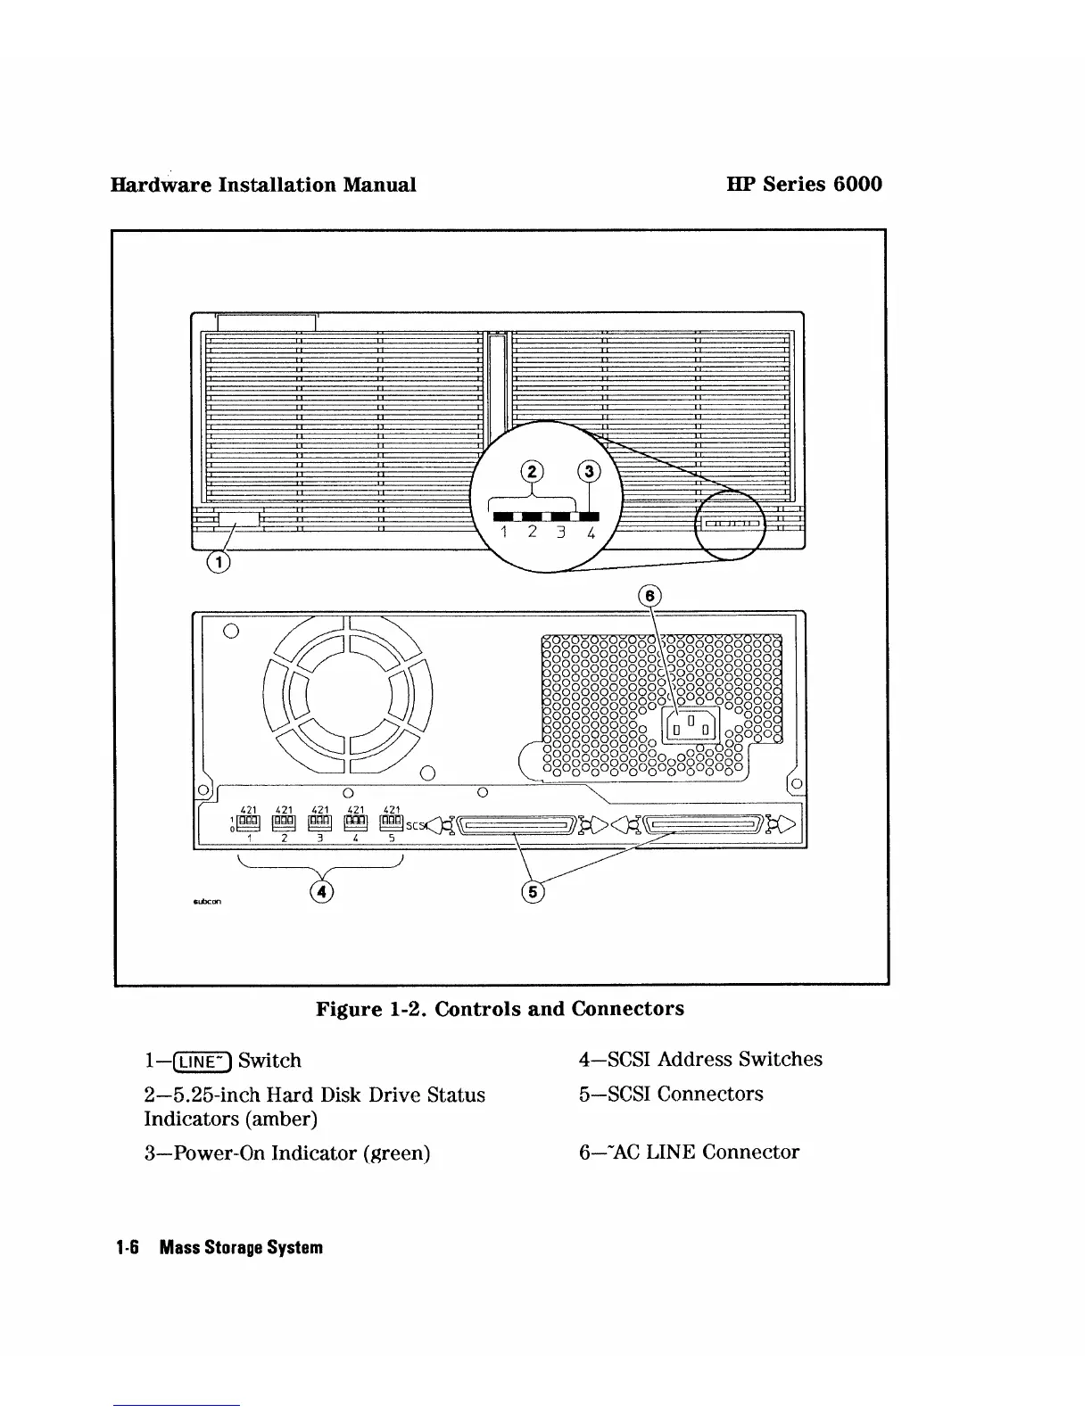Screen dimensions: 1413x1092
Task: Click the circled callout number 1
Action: point(217,562)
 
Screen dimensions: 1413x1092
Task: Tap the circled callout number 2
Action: point(532,472)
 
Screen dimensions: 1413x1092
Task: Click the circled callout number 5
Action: point(533,891)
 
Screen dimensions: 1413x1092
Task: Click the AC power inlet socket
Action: point(691,723)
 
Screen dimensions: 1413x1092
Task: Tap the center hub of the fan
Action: point(348,695)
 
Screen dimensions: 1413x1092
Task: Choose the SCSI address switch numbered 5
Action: point(392,822)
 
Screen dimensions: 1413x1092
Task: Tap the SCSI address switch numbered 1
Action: point(249,822)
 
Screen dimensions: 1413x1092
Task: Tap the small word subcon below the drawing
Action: point(207,901)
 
